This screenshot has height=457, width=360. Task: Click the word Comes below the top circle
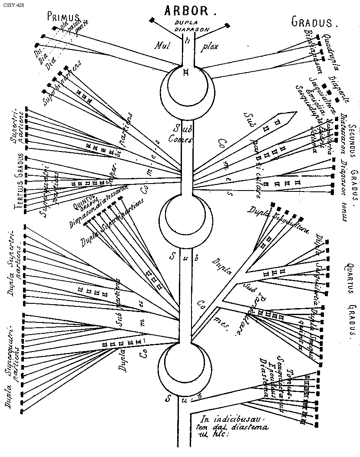point(177,139)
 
